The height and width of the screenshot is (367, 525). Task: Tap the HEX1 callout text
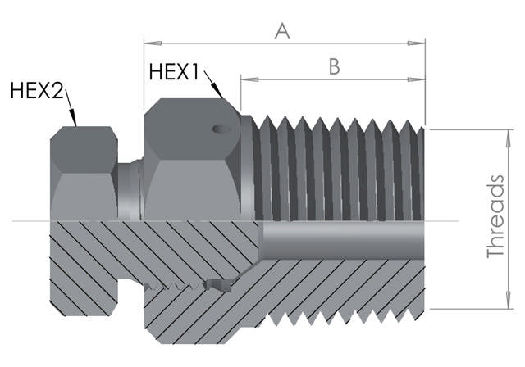click(174, 72)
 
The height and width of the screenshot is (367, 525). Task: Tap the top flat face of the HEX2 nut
click(82, 132)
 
